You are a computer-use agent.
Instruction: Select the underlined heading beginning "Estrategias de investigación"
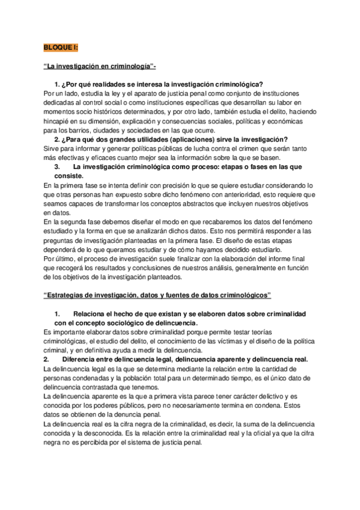tap(158, 295)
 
